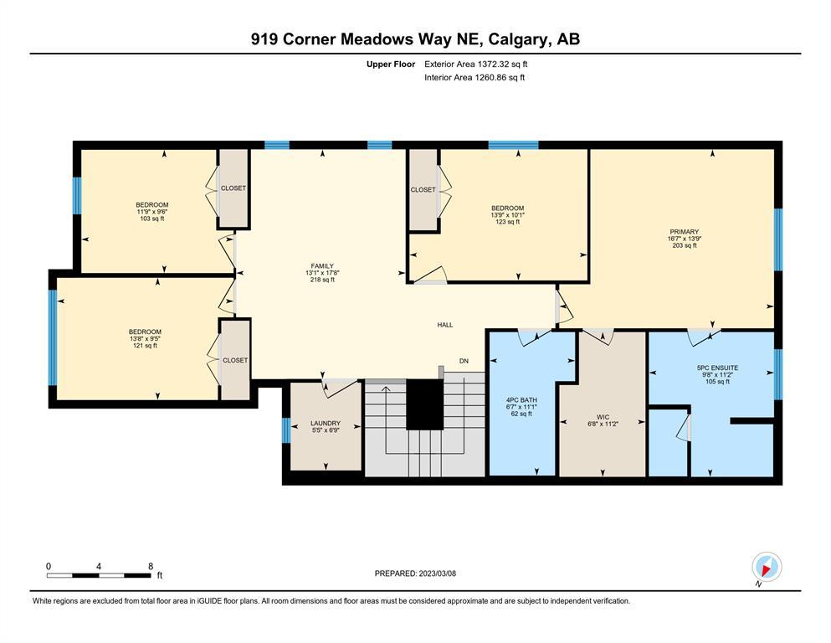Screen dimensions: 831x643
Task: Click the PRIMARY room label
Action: (685, 232)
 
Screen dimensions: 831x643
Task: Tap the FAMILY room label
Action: (322, 266)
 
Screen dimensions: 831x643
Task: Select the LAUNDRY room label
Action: (326, 423)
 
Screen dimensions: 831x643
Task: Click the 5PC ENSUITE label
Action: (717, 368)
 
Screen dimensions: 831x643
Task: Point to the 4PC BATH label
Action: (521, 399)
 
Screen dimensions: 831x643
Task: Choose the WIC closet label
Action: (603, 417)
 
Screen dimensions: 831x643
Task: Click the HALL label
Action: (445, 324)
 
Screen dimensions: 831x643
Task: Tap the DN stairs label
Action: (464, 361)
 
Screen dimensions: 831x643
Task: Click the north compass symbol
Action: (767, 567)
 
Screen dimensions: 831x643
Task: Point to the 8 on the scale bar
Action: (151, 566)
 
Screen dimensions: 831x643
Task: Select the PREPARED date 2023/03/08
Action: (437, 573)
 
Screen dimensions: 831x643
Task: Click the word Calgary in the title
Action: (517, 39)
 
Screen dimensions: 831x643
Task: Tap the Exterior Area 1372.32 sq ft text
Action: (476, 64)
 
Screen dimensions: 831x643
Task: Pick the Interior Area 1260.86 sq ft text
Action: (474, 77)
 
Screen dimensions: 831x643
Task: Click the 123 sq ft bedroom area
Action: (508, 222)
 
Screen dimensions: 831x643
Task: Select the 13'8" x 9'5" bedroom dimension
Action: (145, 339)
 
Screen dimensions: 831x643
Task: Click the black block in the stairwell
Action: (424, 404)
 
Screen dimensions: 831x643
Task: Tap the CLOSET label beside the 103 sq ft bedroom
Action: (233, 188)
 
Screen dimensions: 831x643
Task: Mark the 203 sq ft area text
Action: (685, 245)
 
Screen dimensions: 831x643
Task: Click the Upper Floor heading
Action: (391, 64)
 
